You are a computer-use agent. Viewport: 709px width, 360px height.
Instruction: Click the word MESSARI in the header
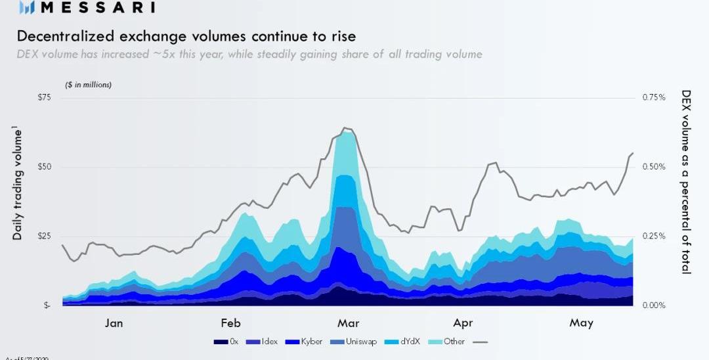[98, 8]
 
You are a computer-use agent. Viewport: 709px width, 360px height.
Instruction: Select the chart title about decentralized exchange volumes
[186, 35]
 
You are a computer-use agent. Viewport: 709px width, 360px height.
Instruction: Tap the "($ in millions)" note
[88, 85]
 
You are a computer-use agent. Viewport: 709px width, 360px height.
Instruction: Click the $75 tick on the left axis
[43, 98]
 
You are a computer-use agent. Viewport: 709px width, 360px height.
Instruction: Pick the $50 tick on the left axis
[43, 167]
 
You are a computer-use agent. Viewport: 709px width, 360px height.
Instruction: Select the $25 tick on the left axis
[43, 236]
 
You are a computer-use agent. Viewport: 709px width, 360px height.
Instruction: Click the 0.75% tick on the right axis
[653, 98]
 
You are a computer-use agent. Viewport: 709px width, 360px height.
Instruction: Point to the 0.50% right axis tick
[653, 167]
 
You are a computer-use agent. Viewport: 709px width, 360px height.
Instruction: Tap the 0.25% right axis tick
[653, 236]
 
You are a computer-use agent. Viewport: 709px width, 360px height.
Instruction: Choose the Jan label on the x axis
[114, 323]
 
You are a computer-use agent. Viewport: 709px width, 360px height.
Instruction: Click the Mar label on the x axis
[347, 323]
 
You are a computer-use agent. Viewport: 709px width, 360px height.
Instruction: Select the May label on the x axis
[582, 323]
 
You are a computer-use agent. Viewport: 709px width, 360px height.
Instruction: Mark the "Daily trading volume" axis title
[18, 185]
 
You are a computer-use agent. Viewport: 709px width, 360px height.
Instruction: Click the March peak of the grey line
[345, 128]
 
